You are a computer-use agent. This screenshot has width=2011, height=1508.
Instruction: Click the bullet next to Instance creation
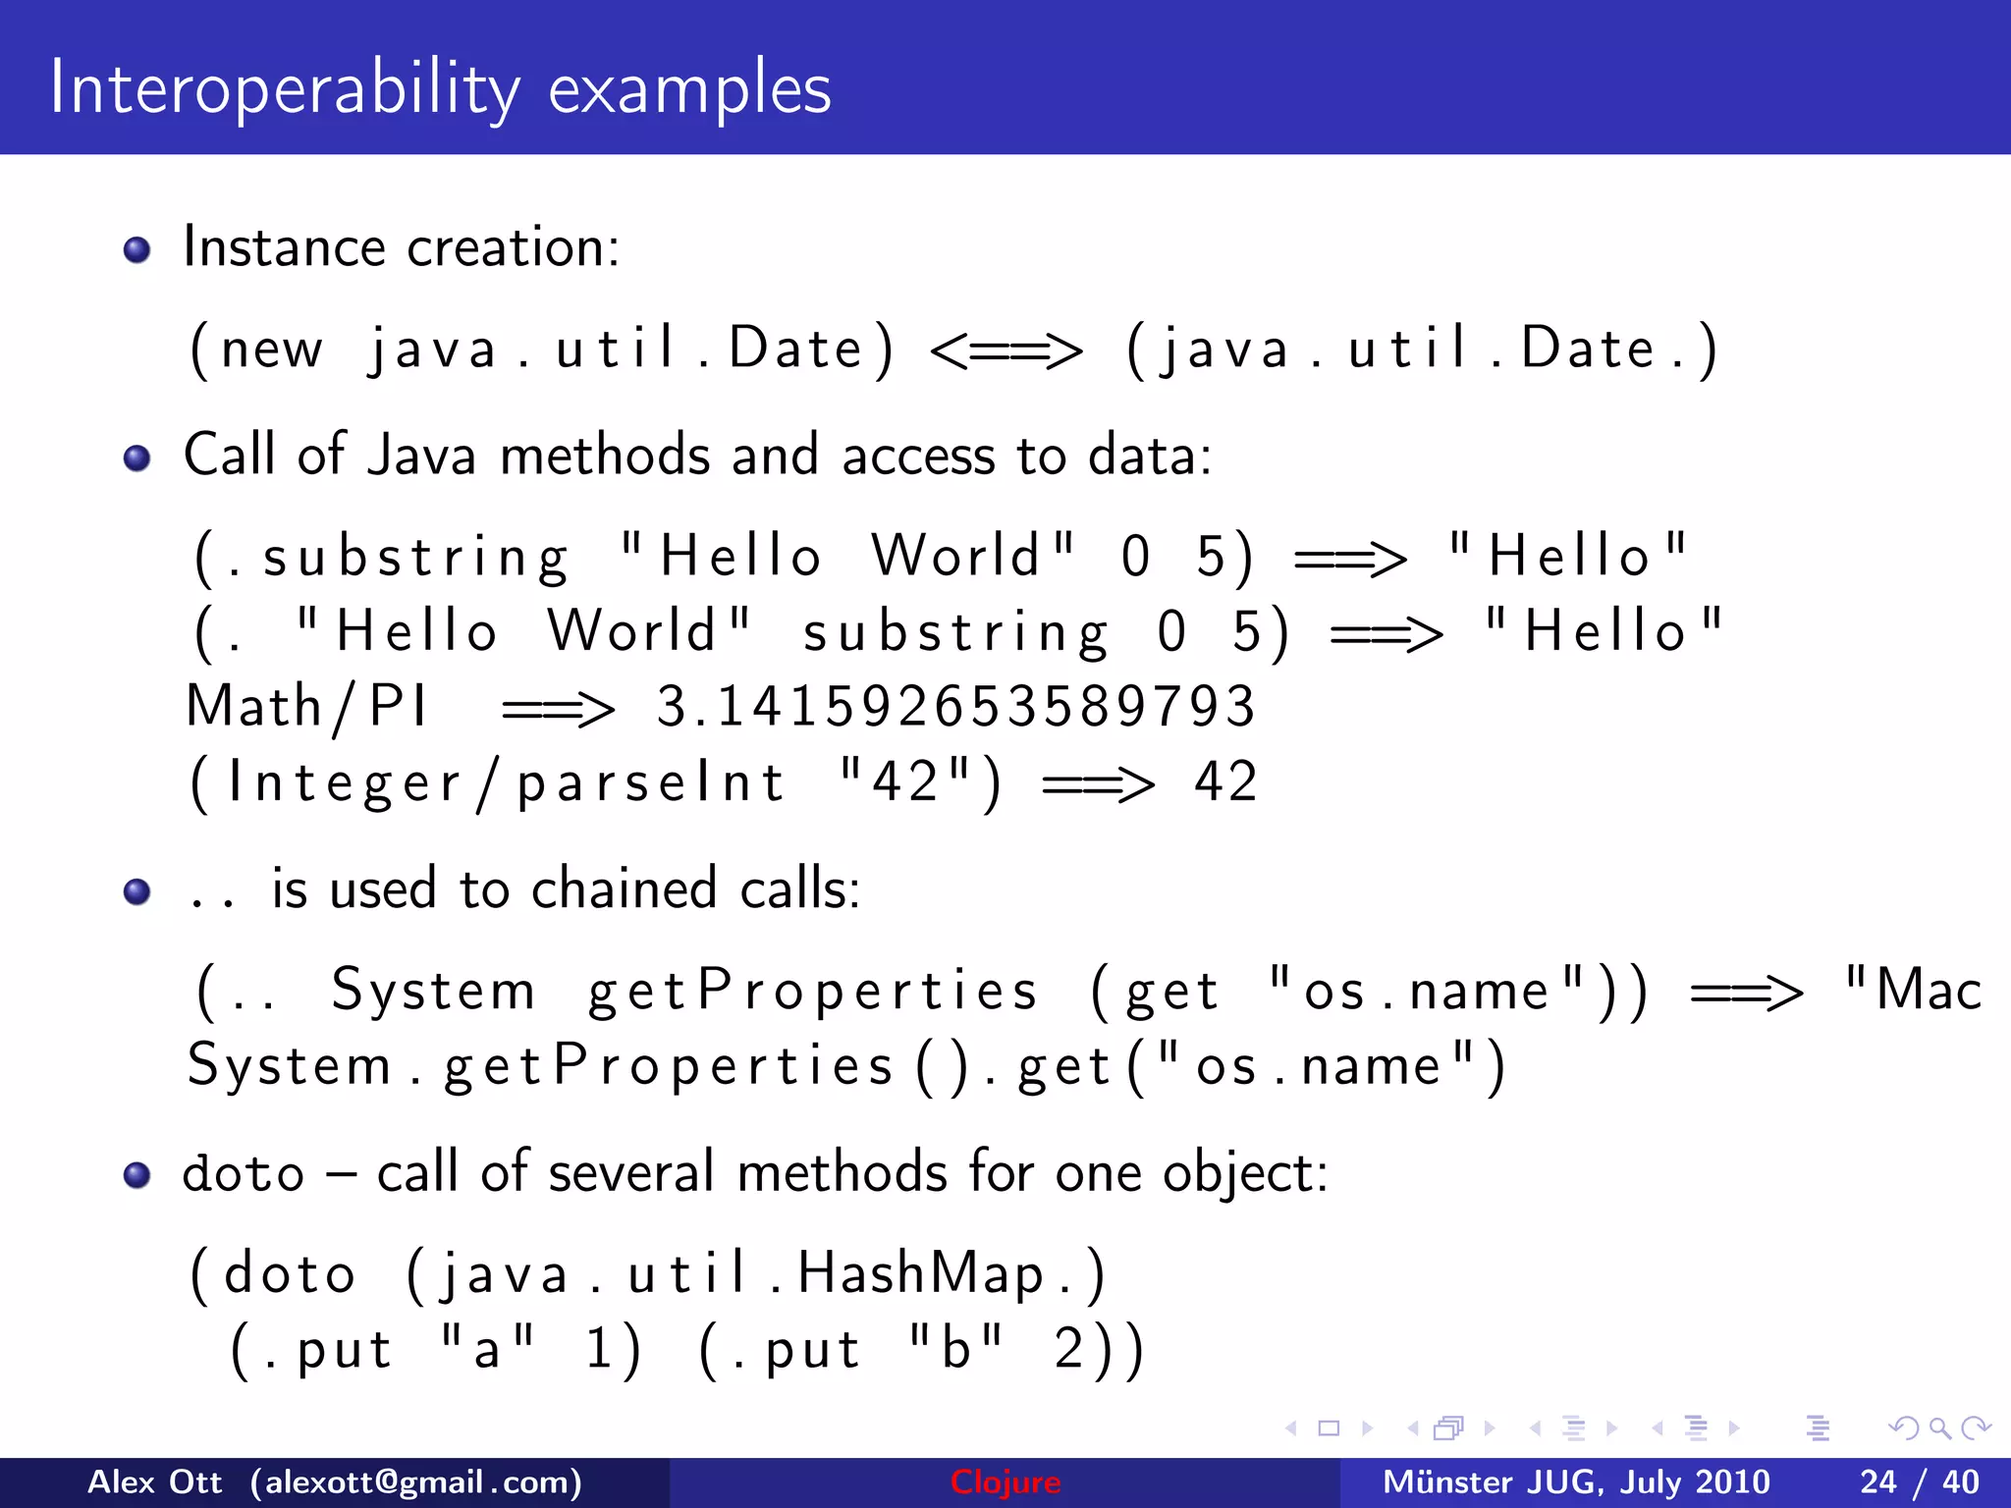137,249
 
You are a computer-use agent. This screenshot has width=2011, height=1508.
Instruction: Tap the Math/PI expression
307,707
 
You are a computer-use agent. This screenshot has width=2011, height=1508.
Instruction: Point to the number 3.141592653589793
955,707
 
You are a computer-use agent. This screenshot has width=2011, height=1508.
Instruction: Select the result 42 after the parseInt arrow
1225,783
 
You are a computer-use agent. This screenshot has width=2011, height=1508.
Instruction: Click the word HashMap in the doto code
920,1274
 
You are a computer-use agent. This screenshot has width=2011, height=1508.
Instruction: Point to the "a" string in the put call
487,1347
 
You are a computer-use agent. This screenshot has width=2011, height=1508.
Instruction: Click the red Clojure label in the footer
1005,1482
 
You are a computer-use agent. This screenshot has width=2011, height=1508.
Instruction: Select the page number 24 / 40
1919,1482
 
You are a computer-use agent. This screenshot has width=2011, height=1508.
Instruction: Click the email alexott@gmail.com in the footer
416,1482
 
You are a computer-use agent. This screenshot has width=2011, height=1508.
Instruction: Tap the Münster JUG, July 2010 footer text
1575,1482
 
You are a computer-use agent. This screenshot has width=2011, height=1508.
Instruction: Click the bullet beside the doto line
137,1175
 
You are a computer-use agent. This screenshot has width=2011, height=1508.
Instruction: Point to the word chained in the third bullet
625,889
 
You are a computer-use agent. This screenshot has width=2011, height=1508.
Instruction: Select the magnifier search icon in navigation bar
1939,1428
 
